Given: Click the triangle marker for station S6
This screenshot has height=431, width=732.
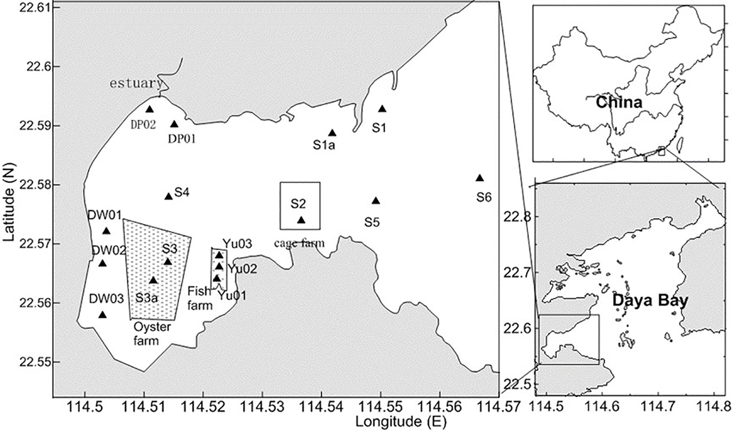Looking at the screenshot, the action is point(479,178).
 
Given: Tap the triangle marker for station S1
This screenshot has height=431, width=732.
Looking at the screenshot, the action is point(382,109).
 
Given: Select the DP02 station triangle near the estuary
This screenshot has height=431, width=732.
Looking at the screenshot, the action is point(150,109).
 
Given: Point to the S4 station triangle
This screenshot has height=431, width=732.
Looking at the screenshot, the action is point(168,196).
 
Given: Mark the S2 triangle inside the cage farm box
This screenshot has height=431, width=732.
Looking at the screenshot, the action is point(301,220).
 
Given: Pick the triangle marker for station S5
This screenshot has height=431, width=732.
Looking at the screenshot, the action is point(376,201).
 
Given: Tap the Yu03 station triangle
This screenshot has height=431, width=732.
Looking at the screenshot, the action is point(219,255).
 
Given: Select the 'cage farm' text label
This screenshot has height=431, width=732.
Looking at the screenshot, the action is point(300,243).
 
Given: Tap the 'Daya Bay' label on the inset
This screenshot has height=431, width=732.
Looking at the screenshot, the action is point(650,300).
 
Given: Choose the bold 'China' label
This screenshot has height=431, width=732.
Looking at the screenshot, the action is point(618,102).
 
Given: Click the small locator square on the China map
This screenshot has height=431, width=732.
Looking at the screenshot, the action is point(662,151).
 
